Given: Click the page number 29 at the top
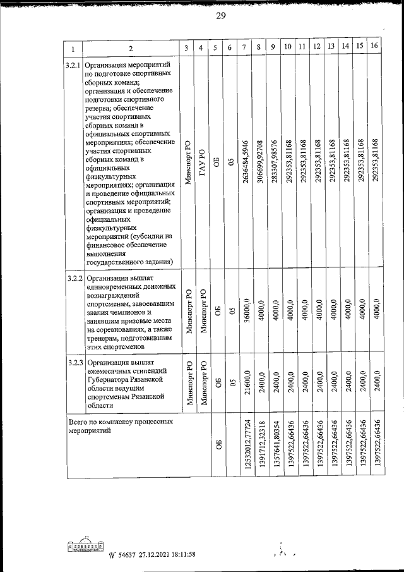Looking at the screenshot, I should (220, 16).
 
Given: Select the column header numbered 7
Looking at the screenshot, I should (244, 47).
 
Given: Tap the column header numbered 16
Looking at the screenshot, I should (374, 46).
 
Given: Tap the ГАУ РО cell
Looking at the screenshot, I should (201, 162).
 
